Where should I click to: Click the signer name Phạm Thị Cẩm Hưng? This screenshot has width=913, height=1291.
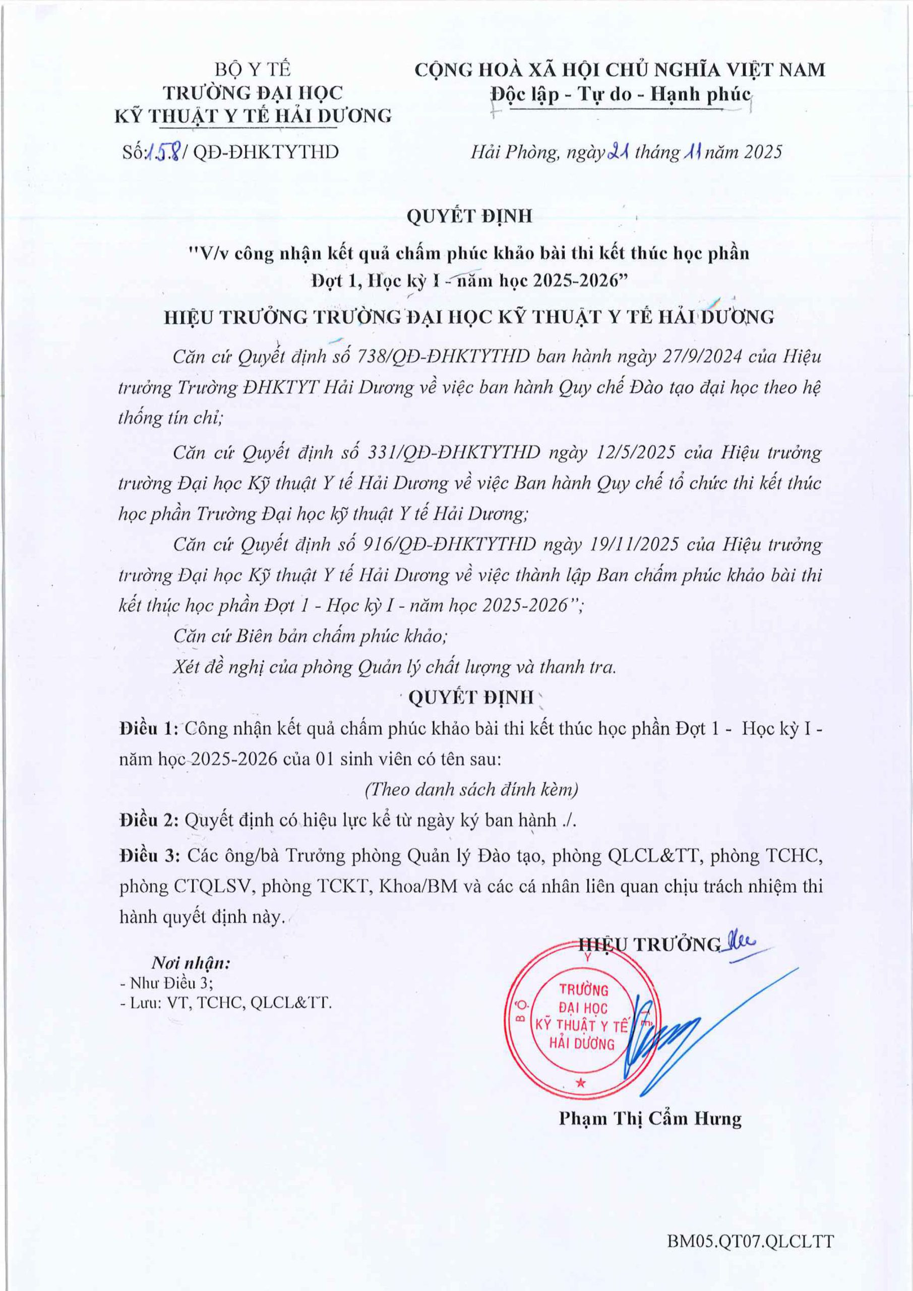click(650, 1119)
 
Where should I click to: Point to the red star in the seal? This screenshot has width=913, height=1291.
click(581, 1082)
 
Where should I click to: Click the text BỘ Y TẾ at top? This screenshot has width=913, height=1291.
click(253, 69)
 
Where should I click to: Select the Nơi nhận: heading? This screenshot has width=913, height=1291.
click(191, 963)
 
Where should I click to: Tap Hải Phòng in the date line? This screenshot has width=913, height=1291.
click(514, 152)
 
